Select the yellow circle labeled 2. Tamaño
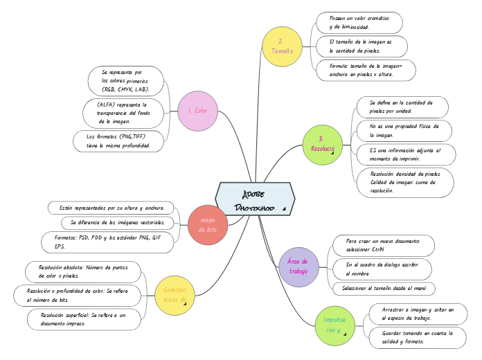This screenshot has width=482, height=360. tap(281, 46)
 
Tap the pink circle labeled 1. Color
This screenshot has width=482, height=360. tap(197, 111)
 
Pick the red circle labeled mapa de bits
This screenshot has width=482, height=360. tap(208, 224)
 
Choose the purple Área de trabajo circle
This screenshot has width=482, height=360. tap(298, 267)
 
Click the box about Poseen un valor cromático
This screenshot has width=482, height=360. tap(359, 22)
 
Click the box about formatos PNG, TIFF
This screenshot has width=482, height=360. tap(119, 141)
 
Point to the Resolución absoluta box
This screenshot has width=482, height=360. tap(82, 271)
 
